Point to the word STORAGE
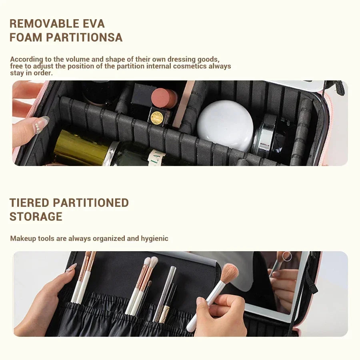[x=36, y=217]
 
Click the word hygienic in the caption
[x=154, y=238]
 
